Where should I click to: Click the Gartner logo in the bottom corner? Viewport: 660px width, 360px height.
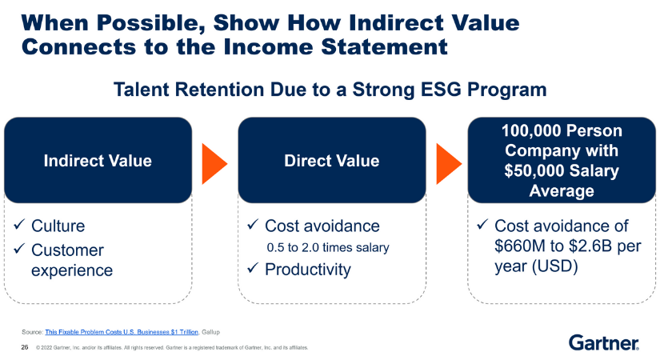click(x=603, y=343)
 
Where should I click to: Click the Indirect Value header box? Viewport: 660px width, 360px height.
click(x=98, y=161)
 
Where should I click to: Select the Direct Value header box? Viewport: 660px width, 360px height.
click(x=331, y=161)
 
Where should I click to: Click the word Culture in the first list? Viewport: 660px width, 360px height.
click(x=58, y=226)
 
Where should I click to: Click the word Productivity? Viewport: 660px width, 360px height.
click(x=307, y=270)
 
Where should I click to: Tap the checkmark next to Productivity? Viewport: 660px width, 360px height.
click(x=254, y=270)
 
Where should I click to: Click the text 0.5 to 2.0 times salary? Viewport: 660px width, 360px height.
click(x=327, y=248)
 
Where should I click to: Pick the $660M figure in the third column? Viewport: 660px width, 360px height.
click(x=522, y=246)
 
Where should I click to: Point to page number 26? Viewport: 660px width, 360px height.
click(x=24, y=347)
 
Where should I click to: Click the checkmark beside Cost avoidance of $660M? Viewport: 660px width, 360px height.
click(x=482, y=226)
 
